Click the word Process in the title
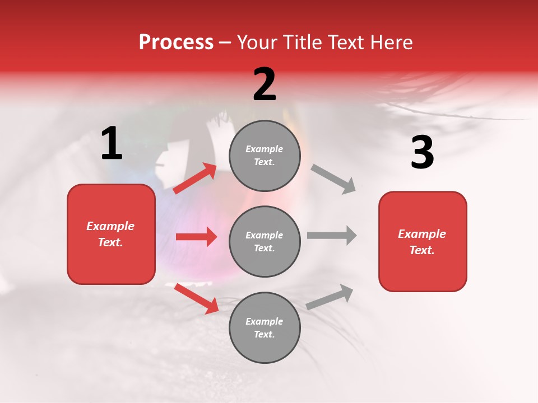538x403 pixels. coord(176,43)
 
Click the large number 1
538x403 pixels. coord(112,144)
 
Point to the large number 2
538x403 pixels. coord(265,85)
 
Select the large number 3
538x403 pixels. coord(422,153)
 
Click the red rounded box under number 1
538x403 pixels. coord(111,234)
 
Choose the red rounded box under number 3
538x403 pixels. coord(423,241)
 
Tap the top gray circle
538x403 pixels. coord(265,156)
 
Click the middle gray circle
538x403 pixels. coord(265,241)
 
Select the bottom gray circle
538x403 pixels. coord(265,327)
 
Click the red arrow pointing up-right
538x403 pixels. coord(195,179)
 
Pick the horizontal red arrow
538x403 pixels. coord(196,237)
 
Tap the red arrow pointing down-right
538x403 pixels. coord(196,298)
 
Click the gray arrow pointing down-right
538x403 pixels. coord(333,179)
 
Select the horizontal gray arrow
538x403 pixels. coord(332,236)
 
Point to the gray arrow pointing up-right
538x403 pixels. coord(330,297)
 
